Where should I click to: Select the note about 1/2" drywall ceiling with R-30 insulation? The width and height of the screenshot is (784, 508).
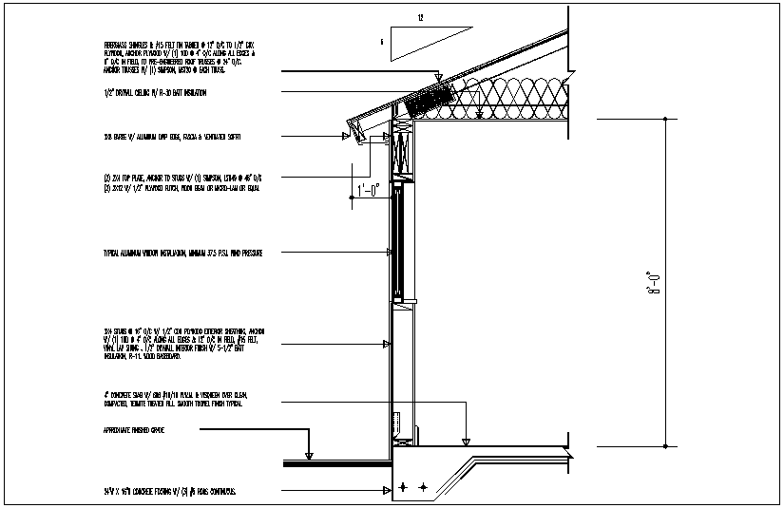coord(155,93)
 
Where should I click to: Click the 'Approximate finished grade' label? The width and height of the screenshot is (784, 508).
coord(143,430)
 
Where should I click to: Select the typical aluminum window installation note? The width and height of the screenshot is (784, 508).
coord(182,254)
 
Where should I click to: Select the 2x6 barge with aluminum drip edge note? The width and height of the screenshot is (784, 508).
coord(172,137)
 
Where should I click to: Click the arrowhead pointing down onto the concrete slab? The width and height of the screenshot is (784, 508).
coord(465,441)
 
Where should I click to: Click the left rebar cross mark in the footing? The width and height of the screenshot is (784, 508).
coord(403,486)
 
